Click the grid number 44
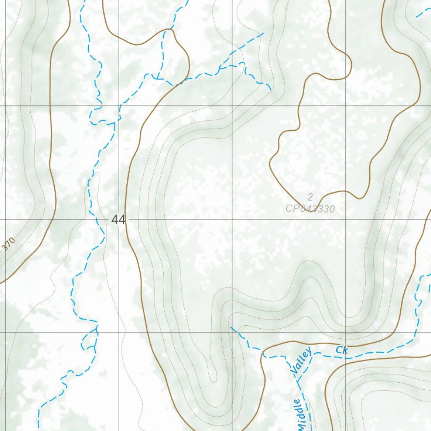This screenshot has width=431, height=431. click(119, 219)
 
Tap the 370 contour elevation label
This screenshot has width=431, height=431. click(9, 245)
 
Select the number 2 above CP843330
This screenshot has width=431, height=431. click(310, 197)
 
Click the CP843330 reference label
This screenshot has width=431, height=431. click(310, 208)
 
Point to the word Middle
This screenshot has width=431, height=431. click(301, 415)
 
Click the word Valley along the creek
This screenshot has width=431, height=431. click(301, 360)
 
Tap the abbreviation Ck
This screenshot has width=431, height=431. click(342, 350)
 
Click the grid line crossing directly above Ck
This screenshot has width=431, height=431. click(346, 333)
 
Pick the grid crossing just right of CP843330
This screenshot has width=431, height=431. click(346, 219)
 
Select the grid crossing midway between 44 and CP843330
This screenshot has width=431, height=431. click(232, 219)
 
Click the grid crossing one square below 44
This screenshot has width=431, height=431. click(119, 333)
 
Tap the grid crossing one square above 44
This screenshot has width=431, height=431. click(119, 106)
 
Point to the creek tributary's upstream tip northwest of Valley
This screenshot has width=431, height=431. click(231, 327)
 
